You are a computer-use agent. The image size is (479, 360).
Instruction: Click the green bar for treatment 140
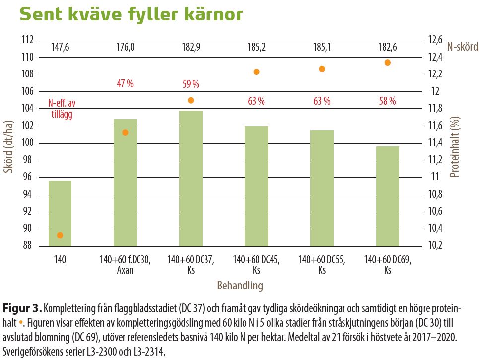click(60, 214)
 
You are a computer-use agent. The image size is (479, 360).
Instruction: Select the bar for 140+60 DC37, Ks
click(191, 179)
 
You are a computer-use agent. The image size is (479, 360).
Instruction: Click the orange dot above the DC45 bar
click(257, 72)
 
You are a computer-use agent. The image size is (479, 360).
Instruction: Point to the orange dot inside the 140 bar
click(60, 235)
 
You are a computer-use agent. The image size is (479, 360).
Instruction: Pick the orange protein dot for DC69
click(388, 63)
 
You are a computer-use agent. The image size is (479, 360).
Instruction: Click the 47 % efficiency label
click(125, 83)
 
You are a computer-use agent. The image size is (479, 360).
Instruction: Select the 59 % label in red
click(191, 84)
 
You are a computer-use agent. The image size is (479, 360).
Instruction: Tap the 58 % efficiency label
click(388, 101)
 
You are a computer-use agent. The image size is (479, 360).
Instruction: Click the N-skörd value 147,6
click(60, 48)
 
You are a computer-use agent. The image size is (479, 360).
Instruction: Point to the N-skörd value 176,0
click(125, 48)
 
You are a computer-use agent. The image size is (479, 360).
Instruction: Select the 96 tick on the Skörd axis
click(29, 177)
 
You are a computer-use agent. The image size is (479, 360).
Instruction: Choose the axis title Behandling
click(240, 286)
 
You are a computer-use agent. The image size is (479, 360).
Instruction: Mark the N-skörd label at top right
click(462, 47)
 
